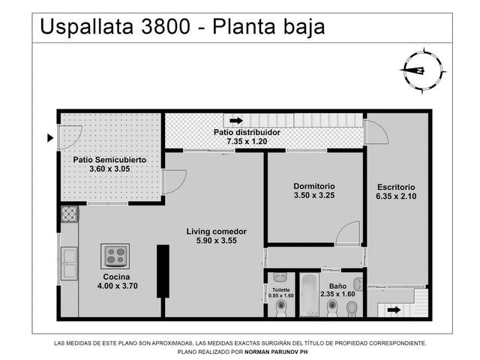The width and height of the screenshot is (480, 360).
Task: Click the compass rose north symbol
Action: pos(422,70)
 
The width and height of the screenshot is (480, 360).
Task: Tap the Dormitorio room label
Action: pos(314,186)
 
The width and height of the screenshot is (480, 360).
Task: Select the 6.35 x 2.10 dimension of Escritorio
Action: pos(396,196)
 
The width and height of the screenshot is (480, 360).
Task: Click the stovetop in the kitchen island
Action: pos(115,256)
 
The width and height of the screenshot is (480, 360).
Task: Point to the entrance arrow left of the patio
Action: pos(50,138)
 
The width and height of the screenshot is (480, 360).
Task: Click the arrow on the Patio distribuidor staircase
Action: pos(236,121)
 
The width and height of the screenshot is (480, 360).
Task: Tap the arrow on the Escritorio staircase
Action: pos(394,310)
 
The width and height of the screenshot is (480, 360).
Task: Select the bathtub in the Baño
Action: pos(309,295)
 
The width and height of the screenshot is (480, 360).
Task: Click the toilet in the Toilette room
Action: pos(280,307)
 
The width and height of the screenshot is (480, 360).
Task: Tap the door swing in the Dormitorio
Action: pos(347,232)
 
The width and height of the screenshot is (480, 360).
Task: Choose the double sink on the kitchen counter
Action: pos(69,263)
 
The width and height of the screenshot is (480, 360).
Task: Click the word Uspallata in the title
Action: pos(87,27)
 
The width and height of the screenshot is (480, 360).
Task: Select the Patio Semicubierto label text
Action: pos(109,160)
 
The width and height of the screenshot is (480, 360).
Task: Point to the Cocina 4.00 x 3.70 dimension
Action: pos(118,286)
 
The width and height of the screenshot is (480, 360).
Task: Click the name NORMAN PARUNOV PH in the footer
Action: pos(276,352)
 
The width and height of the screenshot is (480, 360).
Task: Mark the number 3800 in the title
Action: pos(165,27)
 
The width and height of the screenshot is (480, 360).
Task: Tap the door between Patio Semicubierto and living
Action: pos(174,181)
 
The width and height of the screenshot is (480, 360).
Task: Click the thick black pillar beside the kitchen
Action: pos(163,271)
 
